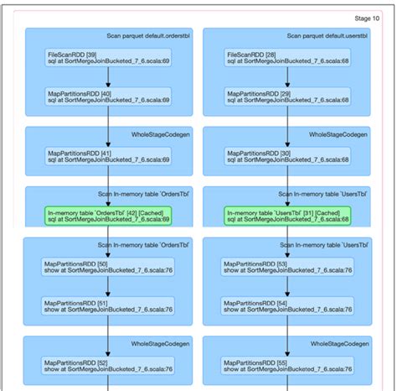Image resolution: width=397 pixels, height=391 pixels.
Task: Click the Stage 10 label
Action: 367,18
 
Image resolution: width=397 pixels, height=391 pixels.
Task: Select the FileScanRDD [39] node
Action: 108,57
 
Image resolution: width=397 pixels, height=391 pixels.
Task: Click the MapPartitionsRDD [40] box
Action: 108,96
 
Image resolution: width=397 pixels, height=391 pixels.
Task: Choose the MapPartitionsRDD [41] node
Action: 108,155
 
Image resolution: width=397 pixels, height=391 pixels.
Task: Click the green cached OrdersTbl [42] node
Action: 108,216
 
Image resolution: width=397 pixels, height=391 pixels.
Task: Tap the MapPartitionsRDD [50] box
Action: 108,267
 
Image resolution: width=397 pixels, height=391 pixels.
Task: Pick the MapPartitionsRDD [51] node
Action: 108,306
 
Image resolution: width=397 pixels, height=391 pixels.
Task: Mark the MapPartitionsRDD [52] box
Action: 108,366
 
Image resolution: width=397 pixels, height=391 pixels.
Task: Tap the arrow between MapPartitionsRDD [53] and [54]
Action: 287,287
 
